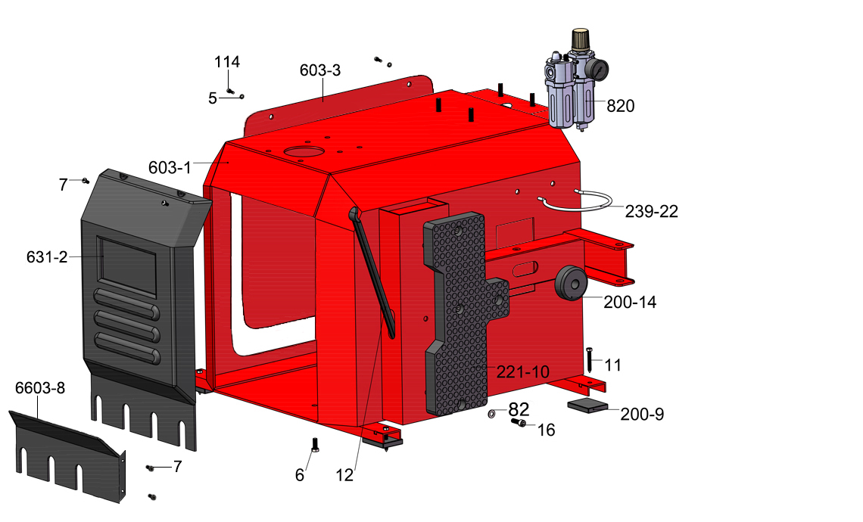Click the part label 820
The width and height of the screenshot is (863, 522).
point(620,106)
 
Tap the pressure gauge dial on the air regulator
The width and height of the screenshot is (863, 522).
point(598,69)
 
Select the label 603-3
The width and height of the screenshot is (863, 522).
point(319,70)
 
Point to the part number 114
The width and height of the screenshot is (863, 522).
point(227,61)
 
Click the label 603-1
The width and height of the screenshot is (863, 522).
point(170,167)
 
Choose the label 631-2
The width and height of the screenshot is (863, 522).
point(47,257)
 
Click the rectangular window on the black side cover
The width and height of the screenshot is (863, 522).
point(126,267)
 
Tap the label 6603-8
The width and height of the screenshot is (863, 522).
point(39,388)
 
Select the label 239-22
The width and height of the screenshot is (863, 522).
point(651,211)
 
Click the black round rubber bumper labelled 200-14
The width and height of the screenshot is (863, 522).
point(569,283)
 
